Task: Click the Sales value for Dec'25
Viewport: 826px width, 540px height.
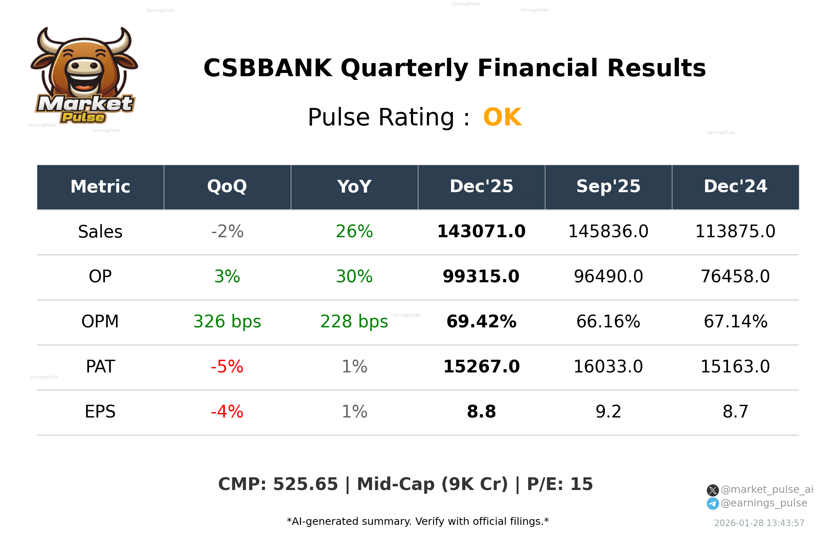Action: click(x=481, y=231)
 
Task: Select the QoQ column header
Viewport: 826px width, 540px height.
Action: click(x=227, y=187)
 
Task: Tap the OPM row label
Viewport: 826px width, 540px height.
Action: click(x=100, y=322)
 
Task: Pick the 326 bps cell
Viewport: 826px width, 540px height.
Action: click(x=227, y=322)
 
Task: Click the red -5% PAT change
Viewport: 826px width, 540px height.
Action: click(x=227, y=367)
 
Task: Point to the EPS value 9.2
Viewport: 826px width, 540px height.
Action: click(x=608, y=412)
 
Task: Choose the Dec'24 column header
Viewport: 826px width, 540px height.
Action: click(x=735, y=187)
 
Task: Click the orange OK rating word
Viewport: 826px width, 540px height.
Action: click(x=502, y=118)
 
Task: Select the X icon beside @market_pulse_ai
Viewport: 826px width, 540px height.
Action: click(x=713, y=490)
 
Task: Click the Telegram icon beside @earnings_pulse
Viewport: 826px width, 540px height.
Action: click(x=713, y=504)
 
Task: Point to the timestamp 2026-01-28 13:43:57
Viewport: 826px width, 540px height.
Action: click(x=759, y=523)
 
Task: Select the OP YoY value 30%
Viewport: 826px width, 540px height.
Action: click(x=354, y=277)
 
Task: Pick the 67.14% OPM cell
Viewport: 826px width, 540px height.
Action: click(x=735, y=322)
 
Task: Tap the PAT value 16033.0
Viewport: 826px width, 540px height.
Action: click(x=608, y=367)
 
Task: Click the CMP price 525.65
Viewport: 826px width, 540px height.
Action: click(x=305, y=484)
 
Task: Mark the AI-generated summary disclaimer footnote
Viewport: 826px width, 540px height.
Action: click(x=418, y=522)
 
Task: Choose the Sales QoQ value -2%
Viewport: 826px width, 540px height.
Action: click(x=227, y=231)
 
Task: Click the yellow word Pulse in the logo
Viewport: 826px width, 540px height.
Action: click(x=83, y=118)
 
